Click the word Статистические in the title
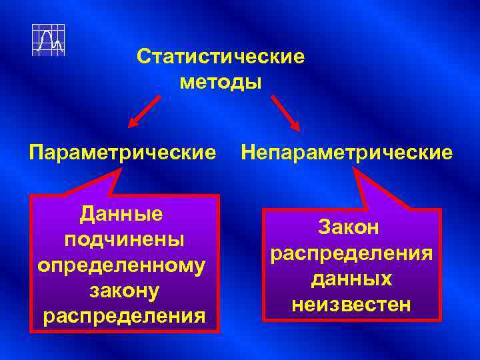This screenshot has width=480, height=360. click(x=221, y=56)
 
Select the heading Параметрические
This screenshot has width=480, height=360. click(x=123, y=153)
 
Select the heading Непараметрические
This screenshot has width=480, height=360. click(x=347, y=153)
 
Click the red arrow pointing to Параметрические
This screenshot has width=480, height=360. click(x=144, y=111)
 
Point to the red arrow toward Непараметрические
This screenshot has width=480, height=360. click(x=285, y=111)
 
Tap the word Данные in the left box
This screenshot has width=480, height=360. click(x=121, y=214)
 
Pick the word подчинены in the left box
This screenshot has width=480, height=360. click(x=124, y=239)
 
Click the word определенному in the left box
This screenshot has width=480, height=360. click(x=123, y=265)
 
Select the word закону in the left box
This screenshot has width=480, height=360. click(x=123, y=290)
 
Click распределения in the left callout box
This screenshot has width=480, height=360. click(x=124, y=315)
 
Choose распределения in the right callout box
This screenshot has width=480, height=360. click(x=352, y=253)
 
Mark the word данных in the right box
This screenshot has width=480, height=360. click(x=352, y=279)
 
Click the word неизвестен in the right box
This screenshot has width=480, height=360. click(x=352, y=304)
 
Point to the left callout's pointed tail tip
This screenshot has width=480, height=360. click(x=121, y=169)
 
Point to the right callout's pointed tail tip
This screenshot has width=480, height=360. click(x=355, y=169)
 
